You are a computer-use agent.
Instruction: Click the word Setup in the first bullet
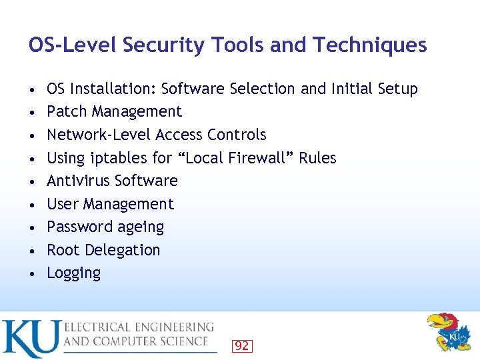tap(396, 89)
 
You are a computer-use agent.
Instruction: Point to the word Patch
tap(67, 111)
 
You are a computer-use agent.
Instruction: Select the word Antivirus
tap(78, 181)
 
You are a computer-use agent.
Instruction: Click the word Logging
tap(73, 273)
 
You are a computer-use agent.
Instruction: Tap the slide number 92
tap(241, 345)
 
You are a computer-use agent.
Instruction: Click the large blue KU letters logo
tap(31, 338)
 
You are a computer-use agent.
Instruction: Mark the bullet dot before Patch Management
tap(33, 112)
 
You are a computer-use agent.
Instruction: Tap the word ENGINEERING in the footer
tap(173, 327)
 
